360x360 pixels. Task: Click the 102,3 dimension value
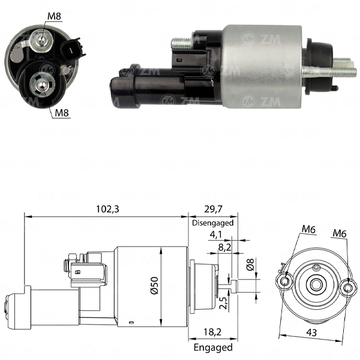[x=107, y=209]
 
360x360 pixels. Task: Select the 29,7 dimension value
[x=213, y=209]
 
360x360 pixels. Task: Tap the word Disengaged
[x=213, y=223]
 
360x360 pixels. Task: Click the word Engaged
[x=213, y=347]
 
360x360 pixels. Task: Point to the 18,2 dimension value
[x=212, y=332]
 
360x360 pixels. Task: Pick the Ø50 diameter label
[x=154, y=286]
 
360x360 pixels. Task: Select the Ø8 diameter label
[x=250, y=264]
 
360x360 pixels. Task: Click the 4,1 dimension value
[x=216, y=235]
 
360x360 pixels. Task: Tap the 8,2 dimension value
[x=225, y=247]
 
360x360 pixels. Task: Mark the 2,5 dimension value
[x=223, y=303]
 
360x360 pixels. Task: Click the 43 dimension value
[x=311, y=332]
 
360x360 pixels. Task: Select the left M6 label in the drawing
[x=308, y=229]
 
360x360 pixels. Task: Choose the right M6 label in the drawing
[x=340, y=233]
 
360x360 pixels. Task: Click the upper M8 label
[x=54, y=16]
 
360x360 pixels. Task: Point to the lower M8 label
[x=62, y=113]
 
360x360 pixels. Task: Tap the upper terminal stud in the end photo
[x=41, y=41]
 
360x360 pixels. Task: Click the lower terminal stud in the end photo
[x=42, y=84]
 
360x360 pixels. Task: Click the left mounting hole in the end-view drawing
[x=285, y=281]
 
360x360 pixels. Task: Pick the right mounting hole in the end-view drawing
[x=347, y=287]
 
